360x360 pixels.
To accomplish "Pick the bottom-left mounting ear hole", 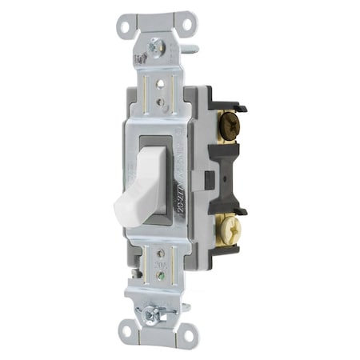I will coord(126,328).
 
